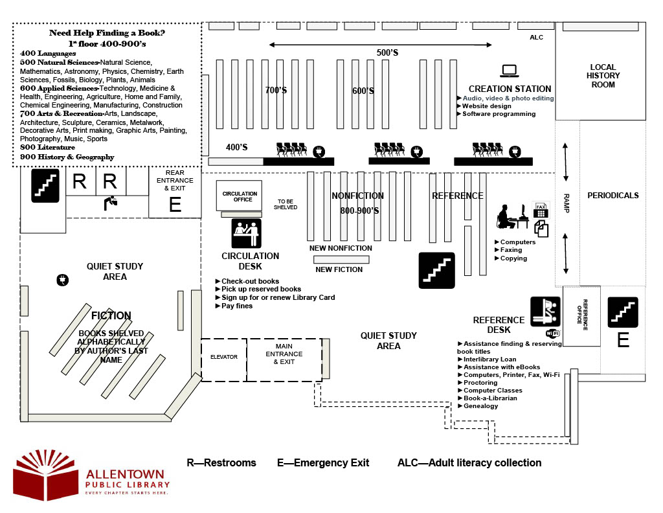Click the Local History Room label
pos(603,76)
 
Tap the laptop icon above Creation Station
pos(509,71)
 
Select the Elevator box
pos(223,359)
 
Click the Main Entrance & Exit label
pos(284,354)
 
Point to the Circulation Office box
pos(240,196)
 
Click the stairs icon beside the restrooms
pos(45,185)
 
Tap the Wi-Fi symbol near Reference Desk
pos(553,334)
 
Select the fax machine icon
pos(541,210)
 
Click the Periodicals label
pos(612,196)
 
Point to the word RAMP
pos(567,203)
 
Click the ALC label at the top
pos(537,37)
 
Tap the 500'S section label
pos(387,52)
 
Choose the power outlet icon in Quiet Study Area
pos(63,280)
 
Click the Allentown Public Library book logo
pos(46,475)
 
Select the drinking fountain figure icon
pos(111,203)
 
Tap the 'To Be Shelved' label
pos(286,204)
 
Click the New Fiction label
pos(339,269)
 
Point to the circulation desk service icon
pos(247,233)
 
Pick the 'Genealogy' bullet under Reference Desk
pos(478,406)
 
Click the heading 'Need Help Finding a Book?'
pos(107,32)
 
